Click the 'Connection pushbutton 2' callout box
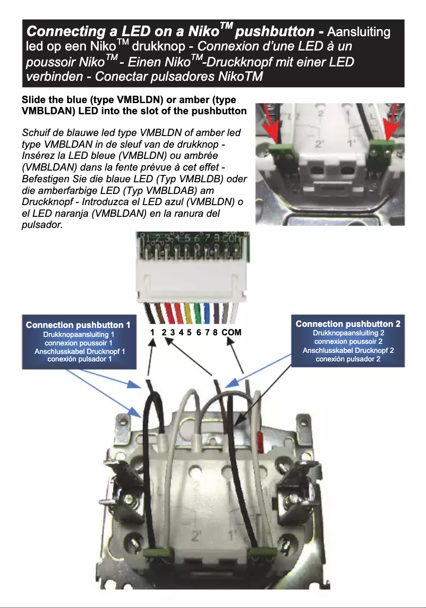point(347,340)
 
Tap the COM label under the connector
point(232,332)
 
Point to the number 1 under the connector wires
point(152,332)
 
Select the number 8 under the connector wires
point(215,332)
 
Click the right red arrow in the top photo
point(392,128)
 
